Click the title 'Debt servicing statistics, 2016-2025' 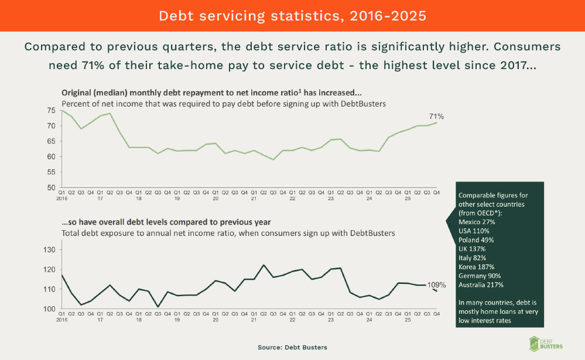coord(292,15)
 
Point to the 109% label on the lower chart coord(436,285)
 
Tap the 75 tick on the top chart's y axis coord(52,111)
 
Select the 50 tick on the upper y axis coord(52,188)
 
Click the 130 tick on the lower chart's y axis coord(50,250)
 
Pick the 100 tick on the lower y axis coord(50,309)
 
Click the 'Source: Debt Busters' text coord(292,348)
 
